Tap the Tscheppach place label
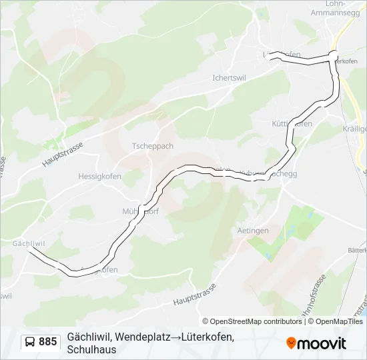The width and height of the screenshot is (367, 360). (x=153, y=146)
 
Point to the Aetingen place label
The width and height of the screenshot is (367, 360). (x=253, y=230)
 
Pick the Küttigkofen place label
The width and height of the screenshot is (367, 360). (x=292, y=124)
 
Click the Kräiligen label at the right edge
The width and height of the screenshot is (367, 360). (x=355, y=128)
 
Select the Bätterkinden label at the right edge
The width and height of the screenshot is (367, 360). (x=358, y=249)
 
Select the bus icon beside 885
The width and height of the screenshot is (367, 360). (x=30, y=342)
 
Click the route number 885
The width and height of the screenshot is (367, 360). (x=48, y=342)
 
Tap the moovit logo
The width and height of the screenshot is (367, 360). (x=316, y=343)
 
